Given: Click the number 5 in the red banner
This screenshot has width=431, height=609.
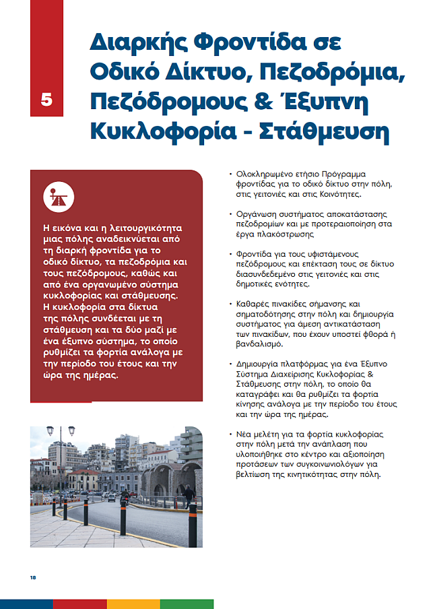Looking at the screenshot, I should [x=46, y=99].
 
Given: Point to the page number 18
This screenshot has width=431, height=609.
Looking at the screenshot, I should [x=32, y=577].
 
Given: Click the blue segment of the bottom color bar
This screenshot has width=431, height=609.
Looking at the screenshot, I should [x=26, y=604].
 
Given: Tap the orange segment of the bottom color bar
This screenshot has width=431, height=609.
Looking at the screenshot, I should [x=133, y=604].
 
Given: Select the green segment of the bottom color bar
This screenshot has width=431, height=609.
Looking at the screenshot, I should [x=187, y=604].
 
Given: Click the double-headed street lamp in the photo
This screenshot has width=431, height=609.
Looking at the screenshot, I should [x=51, y=432].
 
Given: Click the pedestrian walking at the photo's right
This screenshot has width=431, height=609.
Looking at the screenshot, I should [x=189, y=495].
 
